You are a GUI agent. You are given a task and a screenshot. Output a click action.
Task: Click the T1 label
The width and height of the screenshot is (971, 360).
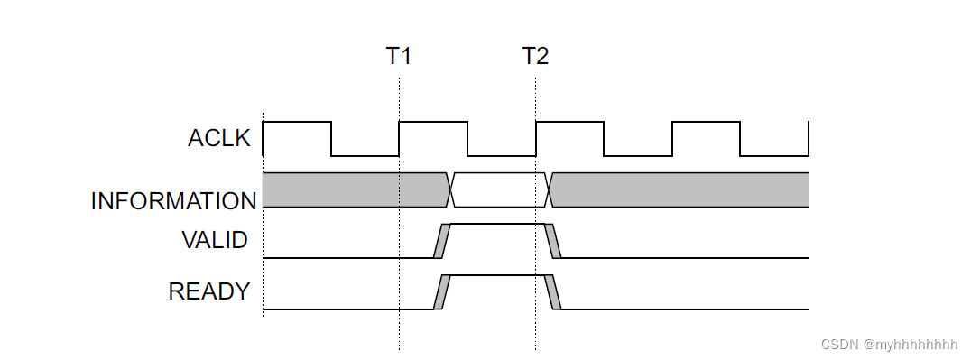coord(399,56)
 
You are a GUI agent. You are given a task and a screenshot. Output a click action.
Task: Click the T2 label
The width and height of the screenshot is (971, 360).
coord(535,56)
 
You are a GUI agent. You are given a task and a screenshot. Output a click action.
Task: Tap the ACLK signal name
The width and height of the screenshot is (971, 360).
coord(218,138)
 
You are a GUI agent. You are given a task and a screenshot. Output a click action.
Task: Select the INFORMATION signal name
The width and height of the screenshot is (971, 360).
coord(173,201)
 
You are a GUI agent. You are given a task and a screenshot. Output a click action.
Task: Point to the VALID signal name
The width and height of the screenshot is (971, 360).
coord(215,240)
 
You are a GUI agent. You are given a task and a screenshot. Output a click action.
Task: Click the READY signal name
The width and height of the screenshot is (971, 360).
coord(208,291)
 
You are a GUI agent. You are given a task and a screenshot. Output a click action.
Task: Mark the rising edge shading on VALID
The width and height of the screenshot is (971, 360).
coord(441,240)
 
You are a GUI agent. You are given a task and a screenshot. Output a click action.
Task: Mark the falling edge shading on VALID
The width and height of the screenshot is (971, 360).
coord(553,240)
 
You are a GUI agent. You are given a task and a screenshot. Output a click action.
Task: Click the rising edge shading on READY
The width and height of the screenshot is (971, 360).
coord(441,291)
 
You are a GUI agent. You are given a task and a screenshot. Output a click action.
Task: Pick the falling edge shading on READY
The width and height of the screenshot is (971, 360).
coord(553,291)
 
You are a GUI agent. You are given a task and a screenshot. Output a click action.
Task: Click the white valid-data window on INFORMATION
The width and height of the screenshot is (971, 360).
coord(498,189)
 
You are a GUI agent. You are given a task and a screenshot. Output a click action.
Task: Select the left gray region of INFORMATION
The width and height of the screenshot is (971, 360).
coord(352,189)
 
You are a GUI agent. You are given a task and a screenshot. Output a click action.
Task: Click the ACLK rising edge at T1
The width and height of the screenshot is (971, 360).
coord(399,138)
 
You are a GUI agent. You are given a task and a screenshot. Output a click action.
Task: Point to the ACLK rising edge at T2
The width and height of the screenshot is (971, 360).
coord(536,138)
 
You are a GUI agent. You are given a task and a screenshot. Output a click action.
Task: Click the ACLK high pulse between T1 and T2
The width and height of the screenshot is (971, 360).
coord(433,123)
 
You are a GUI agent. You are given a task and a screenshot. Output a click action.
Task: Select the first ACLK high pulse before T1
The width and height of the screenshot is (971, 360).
coord(297,123)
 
